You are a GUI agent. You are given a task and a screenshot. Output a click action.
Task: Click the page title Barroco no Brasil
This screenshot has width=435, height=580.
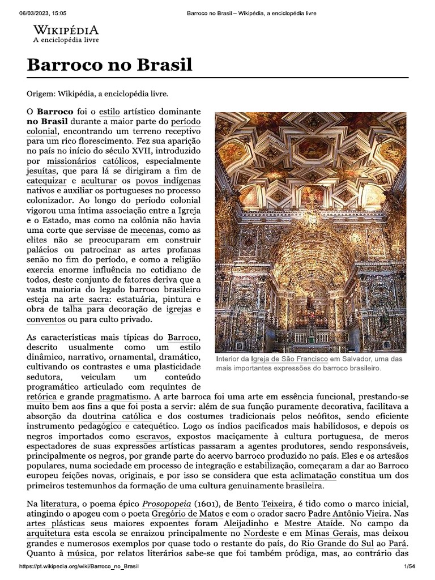tap(109, 65)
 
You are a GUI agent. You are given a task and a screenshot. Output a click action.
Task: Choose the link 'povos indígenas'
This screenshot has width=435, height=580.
tap(168, 180)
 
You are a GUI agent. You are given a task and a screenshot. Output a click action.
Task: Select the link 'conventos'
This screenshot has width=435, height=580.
tap(46, 319)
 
